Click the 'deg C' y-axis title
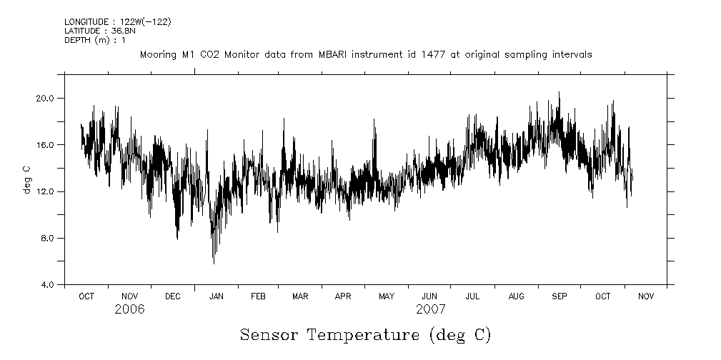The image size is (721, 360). point(27,179)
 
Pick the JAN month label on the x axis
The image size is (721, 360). point(216,296)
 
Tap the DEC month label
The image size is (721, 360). point(172,296)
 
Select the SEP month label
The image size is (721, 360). point(560,296)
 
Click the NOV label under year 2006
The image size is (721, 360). point(129,296)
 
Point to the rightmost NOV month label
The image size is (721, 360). point(646,296)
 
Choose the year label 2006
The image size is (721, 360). point(129,310)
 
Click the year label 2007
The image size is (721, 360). point(430,310)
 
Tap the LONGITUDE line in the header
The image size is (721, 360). point(117,22)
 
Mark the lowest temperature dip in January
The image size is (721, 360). point(214,264)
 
